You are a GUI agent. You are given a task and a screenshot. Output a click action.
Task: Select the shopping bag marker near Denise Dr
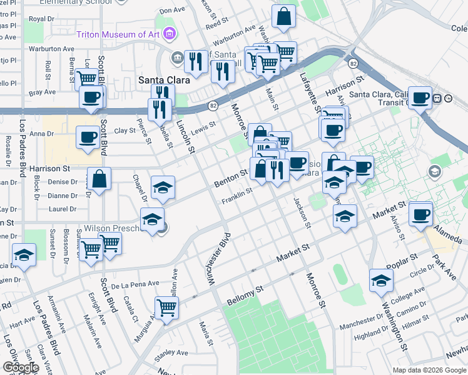[99, 179]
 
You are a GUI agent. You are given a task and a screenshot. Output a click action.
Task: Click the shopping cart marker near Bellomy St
[167, 307]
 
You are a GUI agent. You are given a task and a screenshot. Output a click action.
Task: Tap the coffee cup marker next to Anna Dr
[87, 136]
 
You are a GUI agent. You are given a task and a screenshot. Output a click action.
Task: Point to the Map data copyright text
[429, 370]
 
